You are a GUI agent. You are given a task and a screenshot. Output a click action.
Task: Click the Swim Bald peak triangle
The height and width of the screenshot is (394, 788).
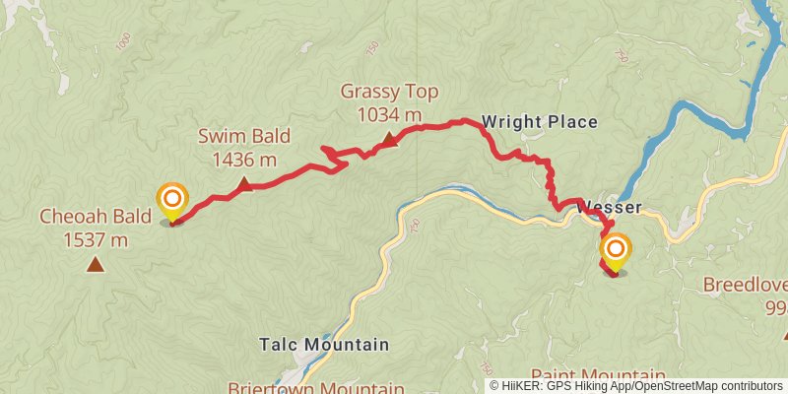243,183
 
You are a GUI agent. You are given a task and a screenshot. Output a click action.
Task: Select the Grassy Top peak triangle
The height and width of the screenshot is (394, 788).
389,139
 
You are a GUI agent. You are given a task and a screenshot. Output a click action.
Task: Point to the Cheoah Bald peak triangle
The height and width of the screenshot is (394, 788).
95,263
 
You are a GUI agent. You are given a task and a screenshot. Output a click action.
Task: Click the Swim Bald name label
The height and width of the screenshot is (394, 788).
243,137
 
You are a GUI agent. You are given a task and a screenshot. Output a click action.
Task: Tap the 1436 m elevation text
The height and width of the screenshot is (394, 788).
243,159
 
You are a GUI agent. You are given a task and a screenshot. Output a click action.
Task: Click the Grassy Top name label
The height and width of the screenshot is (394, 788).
389,92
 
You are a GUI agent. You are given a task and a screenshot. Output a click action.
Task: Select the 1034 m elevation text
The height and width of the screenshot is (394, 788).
389,114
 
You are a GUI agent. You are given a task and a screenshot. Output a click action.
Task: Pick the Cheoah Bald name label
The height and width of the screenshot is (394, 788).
95,217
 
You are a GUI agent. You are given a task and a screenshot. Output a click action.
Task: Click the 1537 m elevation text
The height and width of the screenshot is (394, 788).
95,239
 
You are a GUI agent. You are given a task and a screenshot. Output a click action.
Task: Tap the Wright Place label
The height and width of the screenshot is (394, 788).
539,122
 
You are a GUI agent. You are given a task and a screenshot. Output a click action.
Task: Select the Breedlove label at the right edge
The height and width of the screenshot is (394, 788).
746,286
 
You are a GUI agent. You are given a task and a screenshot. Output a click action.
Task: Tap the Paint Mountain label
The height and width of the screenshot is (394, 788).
598,375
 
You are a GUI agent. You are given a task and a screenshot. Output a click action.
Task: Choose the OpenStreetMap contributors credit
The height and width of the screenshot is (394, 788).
712,386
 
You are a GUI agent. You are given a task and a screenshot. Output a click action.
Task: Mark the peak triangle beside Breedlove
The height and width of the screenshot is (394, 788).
785,334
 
